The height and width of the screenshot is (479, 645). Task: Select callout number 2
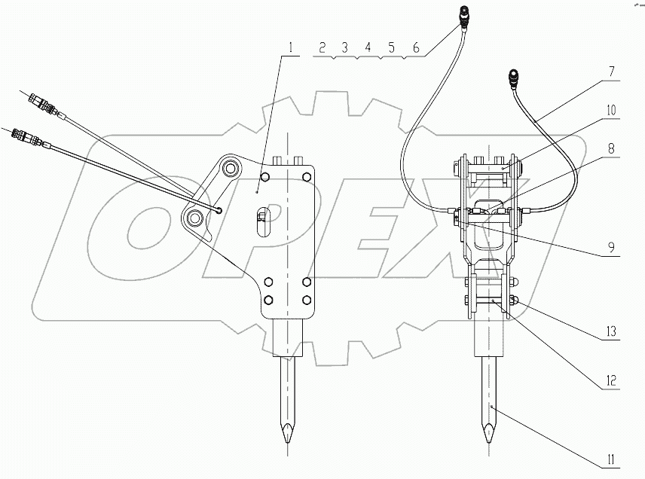tap(322, 48)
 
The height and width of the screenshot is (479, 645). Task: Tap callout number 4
tap(368, 48)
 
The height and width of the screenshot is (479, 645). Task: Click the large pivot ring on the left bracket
tap(194, 219)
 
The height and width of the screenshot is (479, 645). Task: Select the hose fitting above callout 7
tap(515, 78)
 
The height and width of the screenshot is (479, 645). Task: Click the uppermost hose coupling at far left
tap(38, 101)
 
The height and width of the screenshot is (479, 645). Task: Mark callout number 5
tap(391, 48)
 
